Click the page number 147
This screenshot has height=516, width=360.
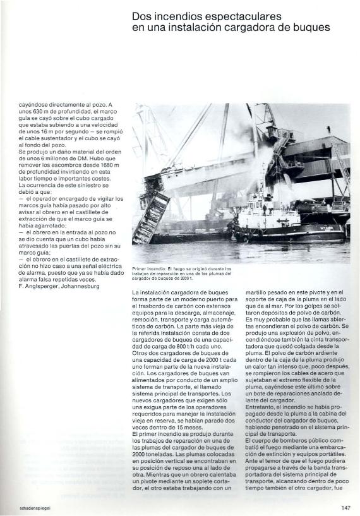tap(345, 507)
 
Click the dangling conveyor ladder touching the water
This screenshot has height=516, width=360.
tap(152, 218)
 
